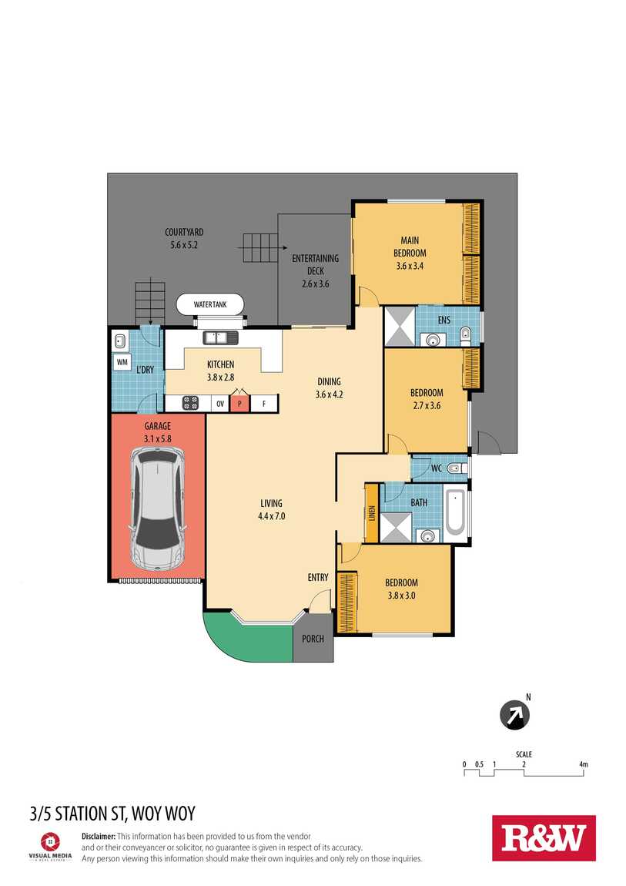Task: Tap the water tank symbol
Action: [x=210, y=304]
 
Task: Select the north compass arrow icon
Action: [x=515, y=715]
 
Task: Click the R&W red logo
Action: [x=544, y=838]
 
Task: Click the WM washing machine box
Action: [x=122, y=361]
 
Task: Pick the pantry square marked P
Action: [x=239, y=404]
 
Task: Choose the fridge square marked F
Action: [x=263, y=404]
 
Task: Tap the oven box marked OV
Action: [x=220, y=404]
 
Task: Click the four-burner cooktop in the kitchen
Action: [x=191, y=403]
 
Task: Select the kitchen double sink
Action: [x=221, y=338]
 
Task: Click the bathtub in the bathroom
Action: [x=456, y=513]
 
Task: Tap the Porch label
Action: [x=313, y=639]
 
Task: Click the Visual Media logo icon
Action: [x=50, y=841]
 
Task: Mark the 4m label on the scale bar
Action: [x=583, y=764]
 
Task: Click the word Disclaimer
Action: [x=99, y=836]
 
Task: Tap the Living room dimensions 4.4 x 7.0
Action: [x=272, y=516]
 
